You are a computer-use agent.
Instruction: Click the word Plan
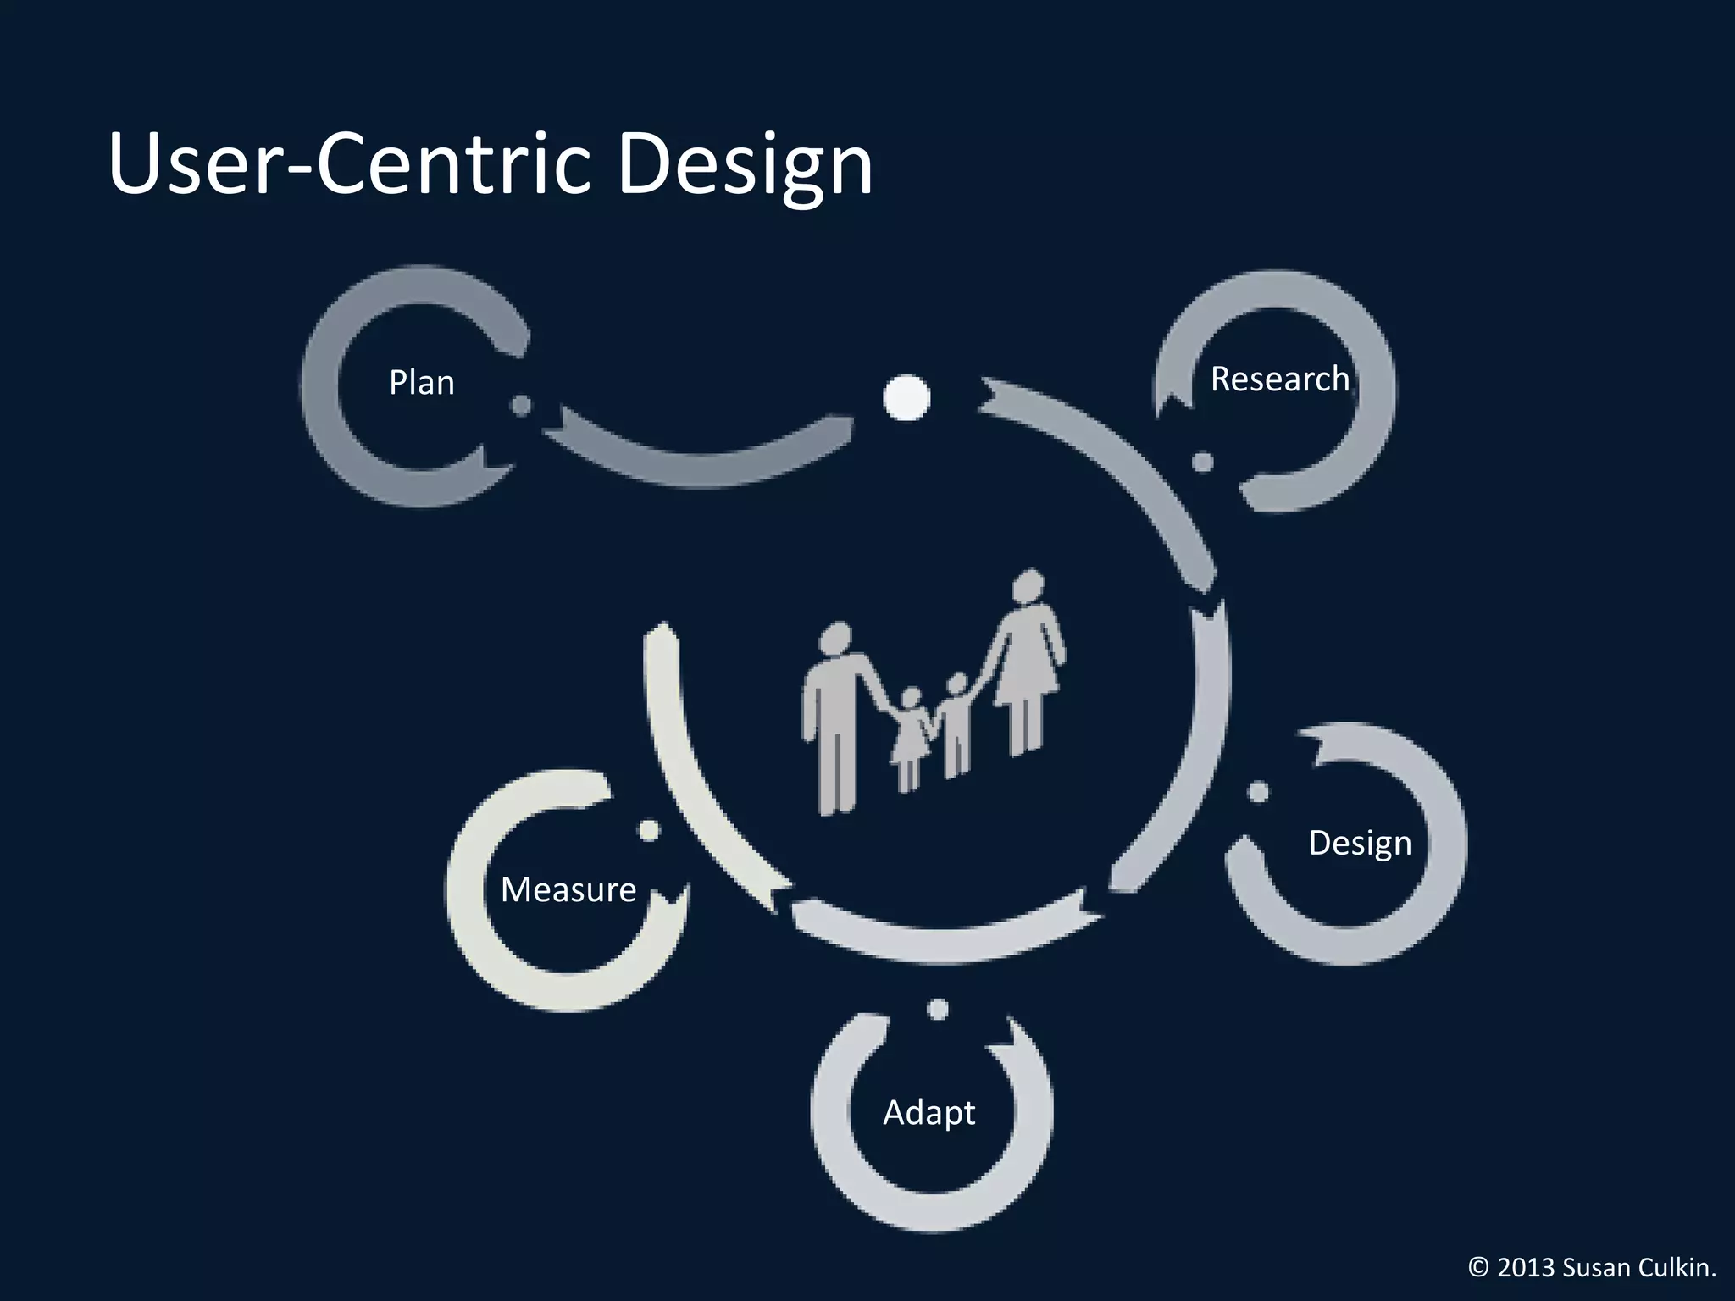pos(421,383)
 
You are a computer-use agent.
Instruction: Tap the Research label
pos(1279,379)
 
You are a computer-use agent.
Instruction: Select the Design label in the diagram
pos(1360,843)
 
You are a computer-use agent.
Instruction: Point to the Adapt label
pos(928,1112)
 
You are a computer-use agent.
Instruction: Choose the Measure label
pos(568,889)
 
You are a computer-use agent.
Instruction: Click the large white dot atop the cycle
pos(906,396)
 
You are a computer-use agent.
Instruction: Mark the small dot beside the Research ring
pos(1202,462)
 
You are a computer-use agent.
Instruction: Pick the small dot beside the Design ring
pos(1259,792)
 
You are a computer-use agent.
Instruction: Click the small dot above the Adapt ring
pos(937,1009)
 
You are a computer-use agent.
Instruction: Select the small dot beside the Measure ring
pos(649,830)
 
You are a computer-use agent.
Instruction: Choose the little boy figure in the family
pos(956,724)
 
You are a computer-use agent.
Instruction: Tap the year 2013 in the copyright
pos(1526,1267)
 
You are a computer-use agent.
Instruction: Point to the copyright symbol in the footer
pos(1477,1267)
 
